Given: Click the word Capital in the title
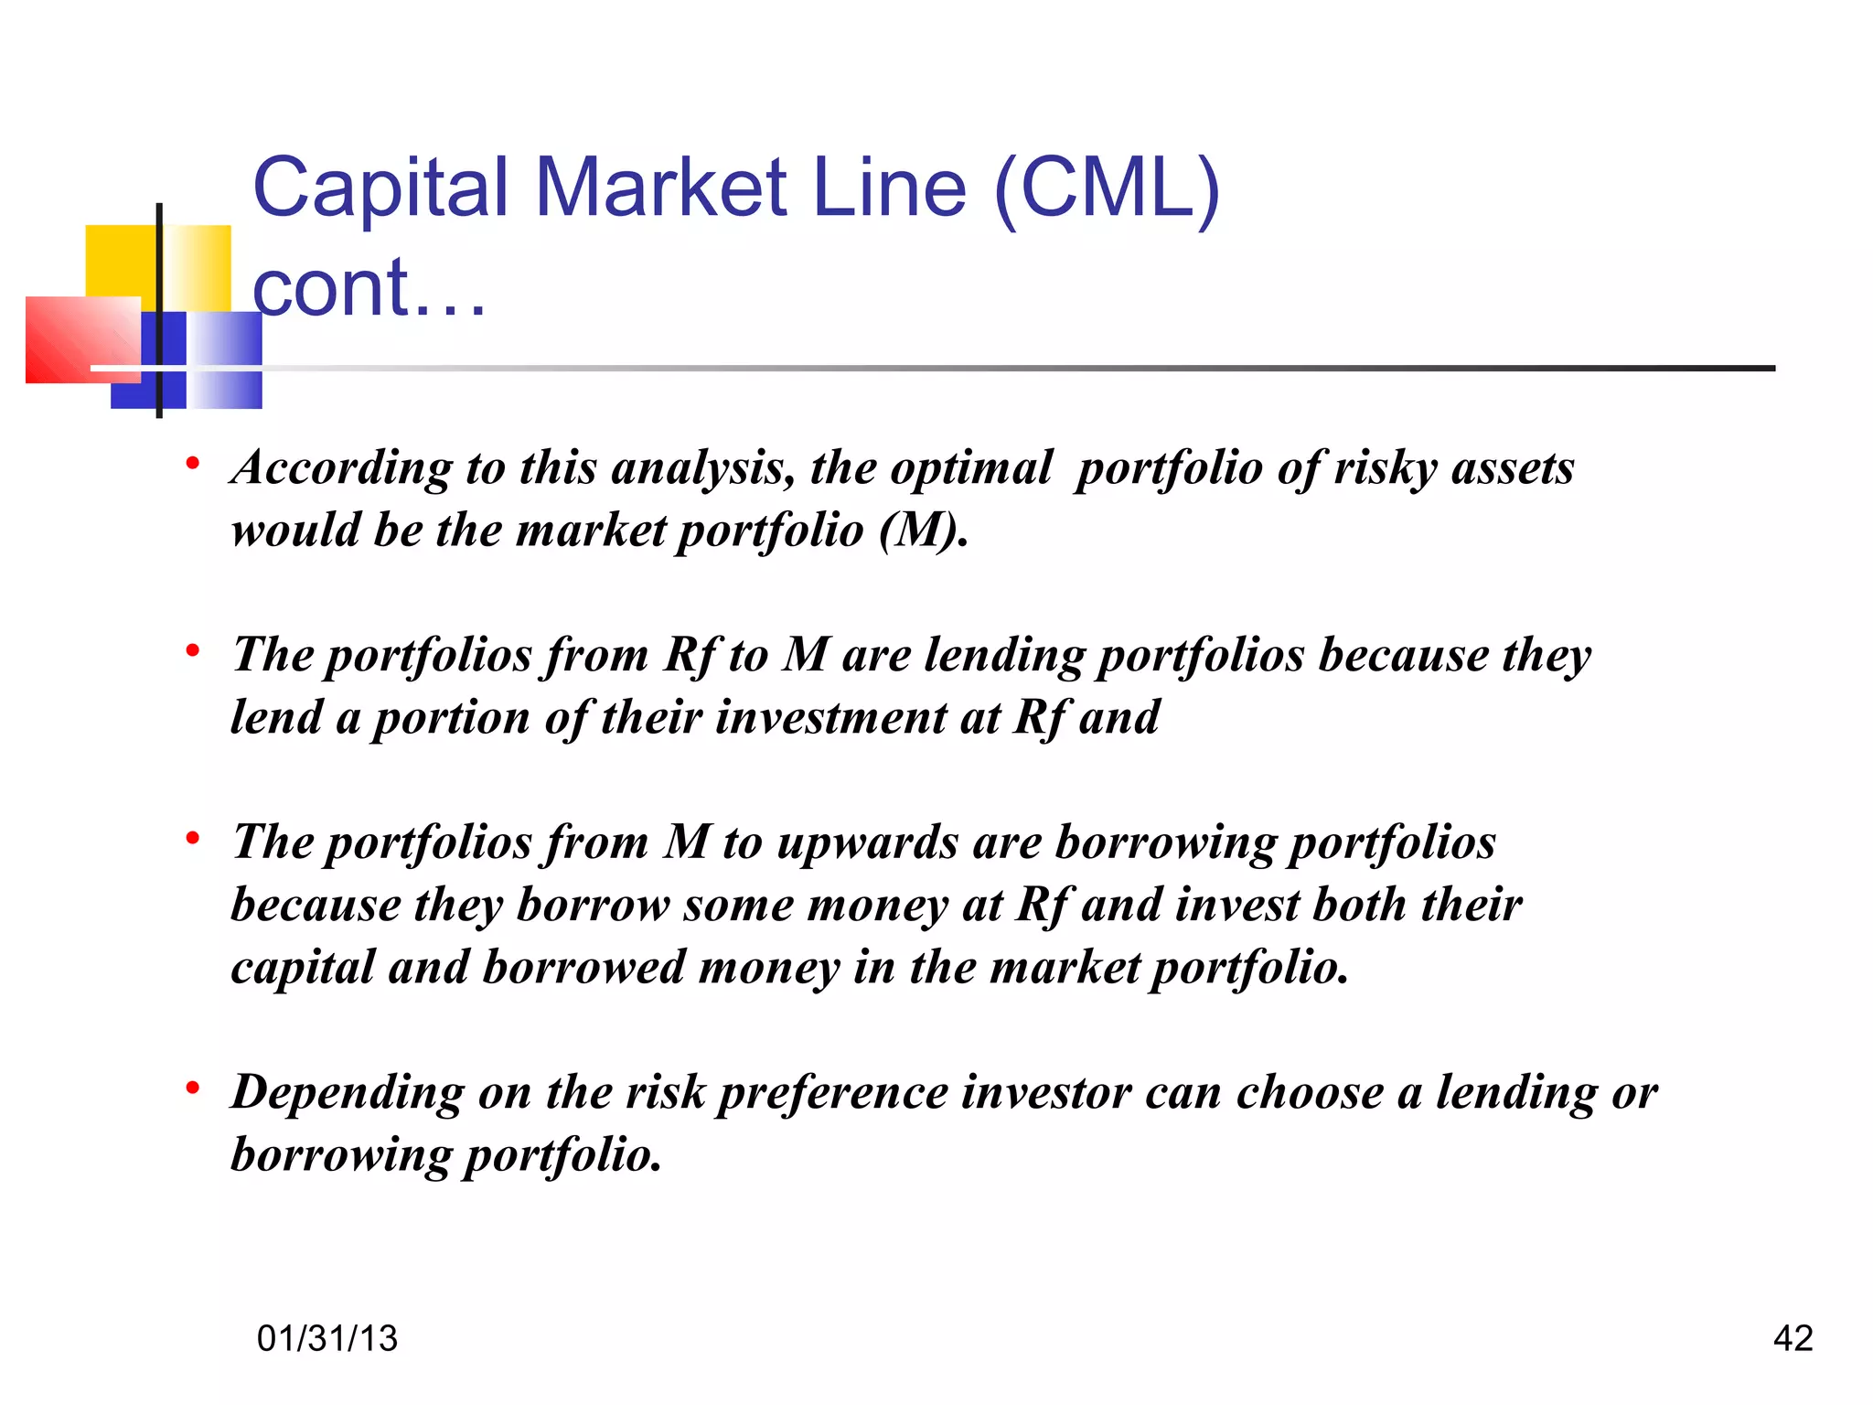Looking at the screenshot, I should (380, 188).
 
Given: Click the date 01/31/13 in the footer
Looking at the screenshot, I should (327, 1338).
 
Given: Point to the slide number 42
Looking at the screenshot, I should (1793, 1338).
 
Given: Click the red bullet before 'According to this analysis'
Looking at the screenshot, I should (192, 464).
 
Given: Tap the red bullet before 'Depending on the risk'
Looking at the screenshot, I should (192, 1089).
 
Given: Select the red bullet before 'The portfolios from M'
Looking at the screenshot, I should (192, 838).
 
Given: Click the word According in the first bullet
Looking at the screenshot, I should (341, 469).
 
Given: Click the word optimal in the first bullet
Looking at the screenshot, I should (971, 469).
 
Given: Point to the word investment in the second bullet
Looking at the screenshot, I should (830, 717).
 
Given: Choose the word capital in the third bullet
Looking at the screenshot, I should (303, 969).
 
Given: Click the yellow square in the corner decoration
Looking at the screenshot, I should (119, 261).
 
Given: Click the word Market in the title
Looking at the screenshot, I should (660, 188).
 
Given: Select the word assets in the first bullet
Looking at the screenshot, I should (1513, 469).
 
